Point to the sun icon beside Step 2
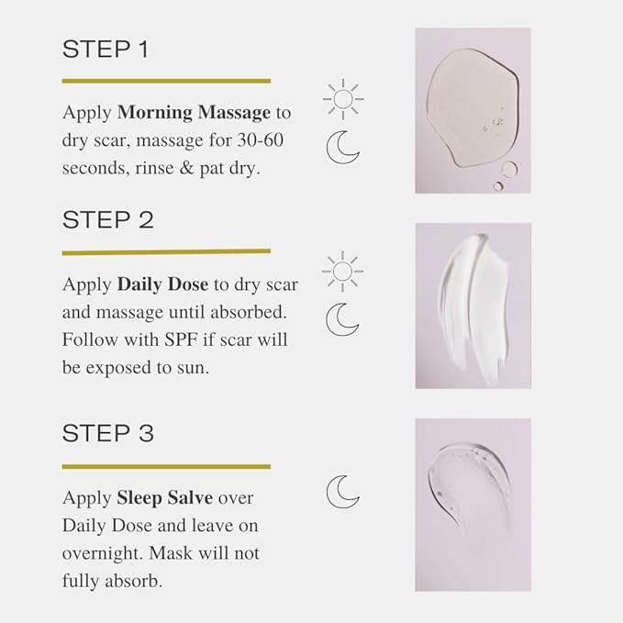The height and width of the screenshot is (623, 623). click(x=343, y=271)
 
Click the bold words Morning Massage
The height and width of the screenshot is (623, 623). click(x=194, y=113)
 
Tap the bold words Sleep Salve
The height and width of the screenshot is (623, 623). click(x=164, y=498)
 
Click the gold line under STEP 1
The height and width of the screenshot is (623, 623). click(x=166, y=81)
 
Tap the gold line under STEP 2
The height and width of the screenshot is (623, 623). click(x=166, y=251)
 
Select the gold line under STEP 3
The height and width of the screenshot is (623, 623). click(x=166, y=466)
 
